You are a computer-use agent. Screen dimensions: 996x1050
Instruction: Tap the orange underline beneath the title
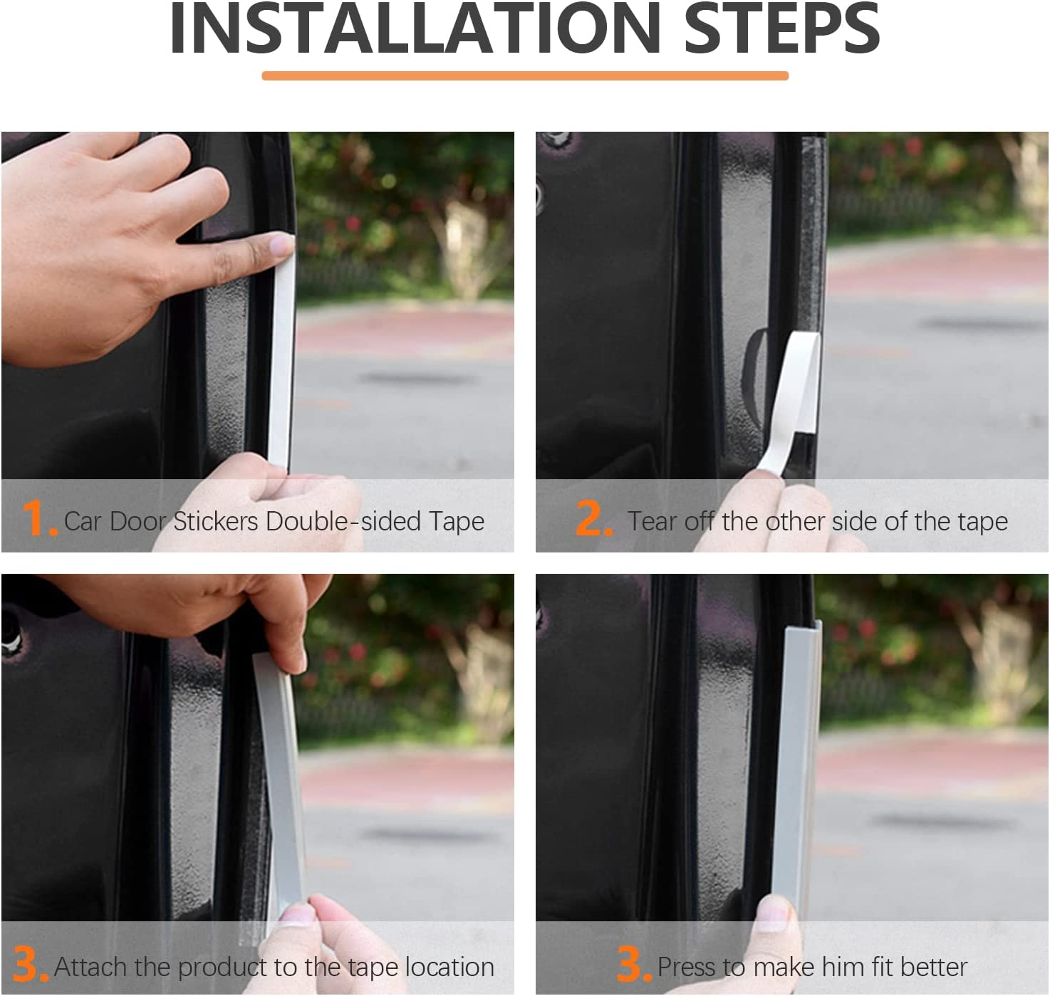[x=525, y=75]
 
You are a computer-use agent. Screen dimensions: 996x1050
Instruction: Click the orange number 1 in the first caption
[x=36, y=518]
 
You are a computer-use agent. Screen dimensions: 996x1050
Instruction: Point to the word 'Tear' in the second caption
[x=652, y=521]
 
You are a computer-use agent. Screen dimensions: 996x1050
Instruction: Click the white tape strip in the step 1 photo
[x=280, y=356]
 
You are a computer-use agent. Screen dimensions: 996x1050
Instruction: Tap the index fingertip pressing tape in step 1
[x=278, y=246]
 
